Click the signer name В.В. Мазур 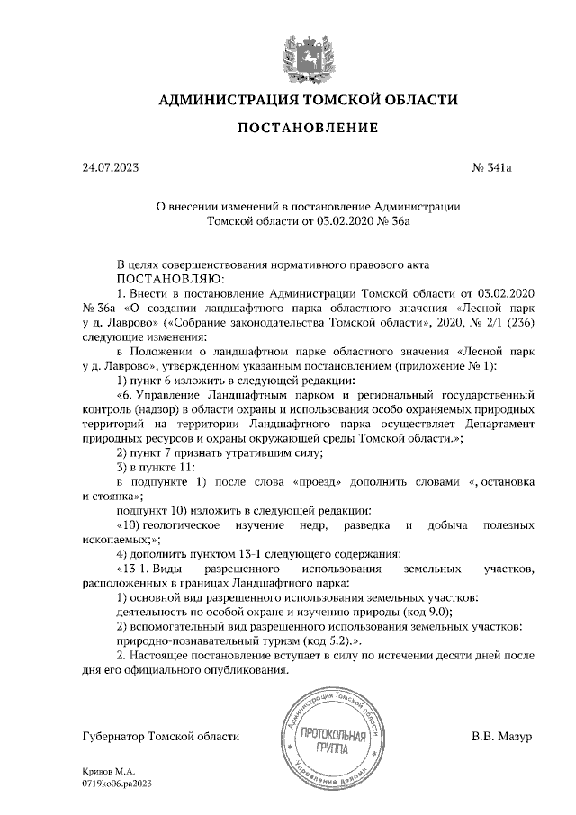502,737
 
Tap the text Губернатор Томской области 161,737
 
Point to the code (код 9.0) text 423,611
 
